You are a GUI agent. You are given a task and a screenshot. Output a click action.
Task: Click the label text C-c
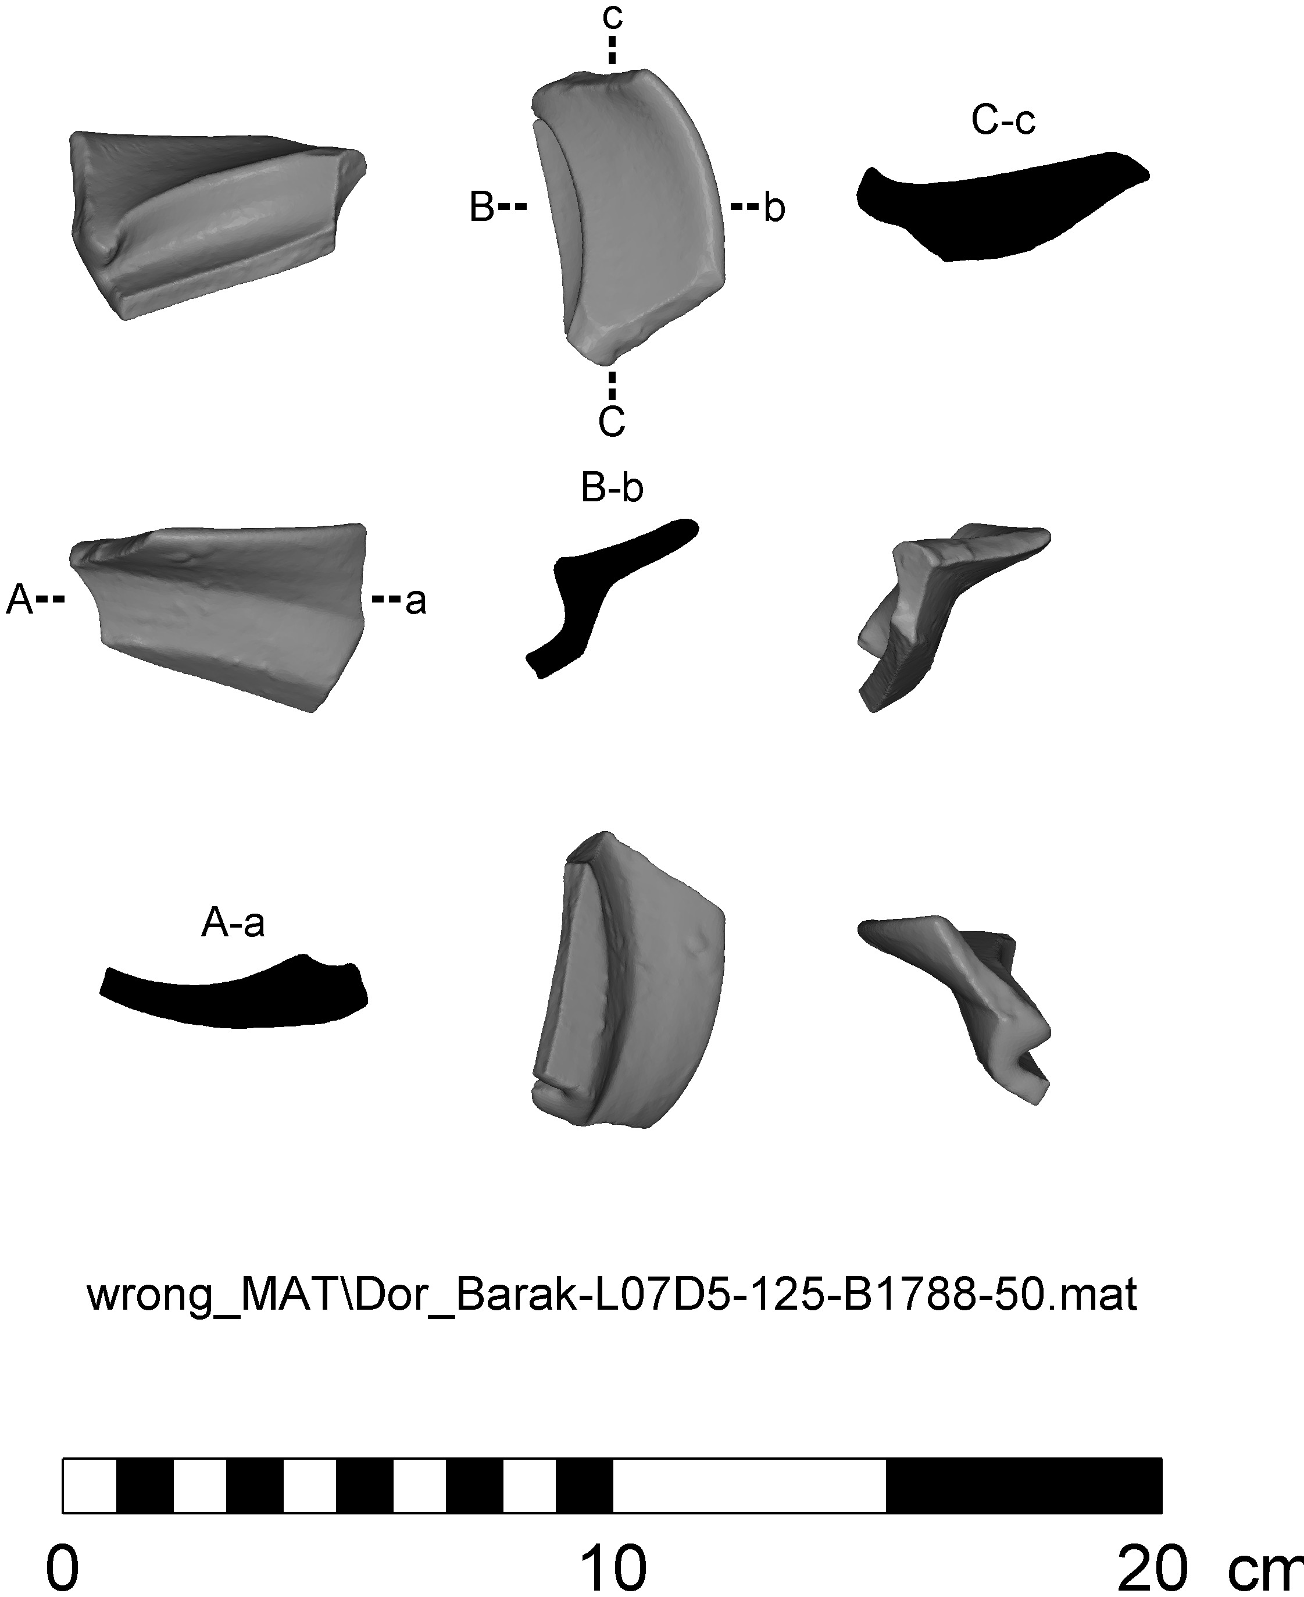point(1003,121)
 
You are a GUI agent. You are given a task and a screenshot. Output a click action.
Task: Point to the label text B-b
point(612,489)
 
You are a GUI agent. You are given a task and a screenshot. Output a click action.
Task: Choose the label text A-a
point(233,924)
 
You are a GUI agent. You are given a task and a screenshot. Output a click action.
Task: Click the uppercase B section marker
point(481,208)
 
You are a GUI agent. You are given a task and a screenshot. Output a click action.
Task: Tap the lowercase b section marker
point(774,208)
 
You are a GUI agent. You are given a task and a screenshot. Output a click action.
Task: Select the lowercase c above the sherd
point(612,16)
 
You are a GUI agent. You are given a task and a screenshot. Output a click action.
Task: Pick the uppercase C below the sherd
point(612,422)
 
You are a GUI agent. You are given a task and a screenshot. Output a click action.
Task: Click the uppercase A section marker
point(20,601)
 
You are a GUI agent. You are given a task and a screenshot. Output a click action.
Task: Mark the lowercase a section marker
point(416,601)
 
